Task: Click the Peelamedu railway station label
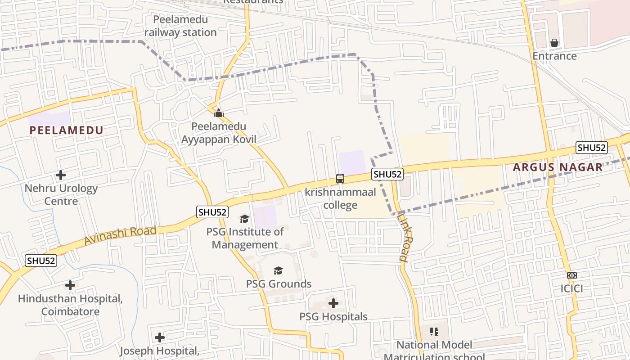click(180, 26)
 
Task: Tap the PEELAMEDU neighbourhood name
click(67, 130)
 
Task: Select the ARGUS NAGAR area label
click(558, 167)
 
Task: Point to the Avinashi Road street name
click(120, 236)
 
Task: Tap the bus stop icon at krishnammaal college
click(340, 179)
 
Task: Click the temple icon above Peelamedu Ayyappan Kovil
click(219, 112)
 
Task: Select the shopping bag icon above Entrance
click(554, 43)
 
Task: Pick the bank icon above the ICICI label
click(571, 275)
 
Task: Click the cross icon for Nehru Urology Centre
click(61, 175)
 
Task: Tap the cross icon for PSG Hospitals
click(333, 303)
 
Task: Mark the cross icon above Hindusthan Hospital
click(70, 285)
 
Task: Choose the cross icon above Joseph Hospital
click(160, 337)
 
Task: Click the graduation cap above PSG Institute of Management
click(244, 219)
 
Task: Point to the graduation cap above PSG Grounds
click(278, 270)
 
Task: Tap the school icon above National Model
click(434, 332)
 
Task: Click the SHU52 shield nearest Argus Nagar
click(592, 148)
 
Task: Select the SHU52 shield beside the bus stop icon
click(387, 174)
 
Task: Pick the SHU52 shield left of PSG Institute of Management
click(212, 212)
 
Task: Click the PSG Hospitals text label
click(333, 317)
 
